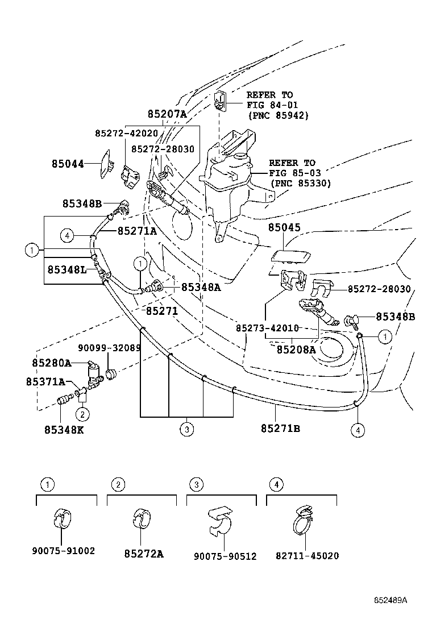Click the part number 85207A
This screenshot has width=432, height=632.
(x=167, y=114)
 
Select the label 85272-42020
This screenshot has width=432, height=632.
(x=126, y=133)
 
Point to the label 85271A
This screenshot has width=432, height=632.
(x=136, y=231)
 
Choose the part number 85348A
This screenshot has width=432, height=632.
(x=201, y=288)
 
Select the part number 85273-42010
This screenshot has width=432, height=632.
(x=267, y=329)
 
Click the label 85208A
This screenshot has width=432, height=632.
(x=296, y=350)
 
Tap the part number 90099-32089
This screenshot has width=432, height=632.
(x=109, y=347)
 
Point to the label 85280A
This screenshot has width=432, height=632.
(x=51, y=363)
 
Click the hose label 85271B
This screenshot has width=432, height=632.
(x=280, y=428)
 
